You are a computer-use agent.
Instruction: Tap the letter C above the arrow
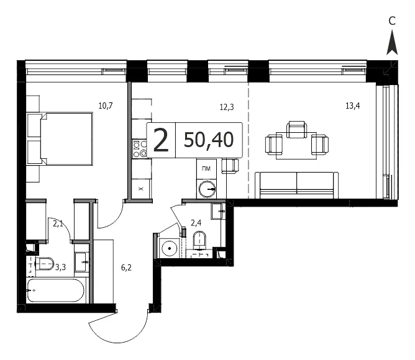[x=392, y=21]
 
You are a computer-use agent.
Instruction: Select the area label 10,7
[x=106, y=106]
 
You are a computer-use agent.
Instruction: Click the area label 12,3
[x=227, y=107]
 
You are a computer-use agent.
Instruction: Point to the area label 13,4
[x=352, y=106]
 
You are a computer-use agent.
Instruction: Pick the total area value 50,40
[x=209, y=140]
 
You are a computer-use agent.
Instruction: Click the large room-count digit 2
[x=161, y=140]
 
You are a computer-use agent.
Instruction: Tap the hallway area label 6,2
[x=126, y=268]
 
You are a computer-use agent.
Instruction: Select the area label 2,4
[x=196, y=223]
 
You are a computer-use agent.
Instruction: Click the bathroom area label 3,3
[x=61, y=268]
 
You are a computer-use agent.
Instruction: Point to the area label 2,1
[x=58, y=224]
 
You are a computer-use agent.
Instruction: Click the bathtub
[x=56, y=290]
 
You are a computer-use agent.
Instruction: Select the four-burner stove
[x=140, y=149]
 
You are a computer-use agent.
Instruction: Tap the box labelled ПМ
[x=206, y=168]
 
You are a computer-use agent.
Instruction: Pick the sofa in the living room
[x=297, y=185]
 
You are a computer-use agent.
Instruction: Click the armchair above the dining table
[x=297, y=130]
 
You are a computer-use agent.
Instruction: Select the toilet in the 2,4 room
[x=199, y=240]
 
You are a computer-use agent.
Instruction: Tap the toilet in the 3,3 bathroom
[x=45, y=264]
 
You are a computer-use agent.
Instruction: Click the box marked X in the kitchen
[x=141, y=189]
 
